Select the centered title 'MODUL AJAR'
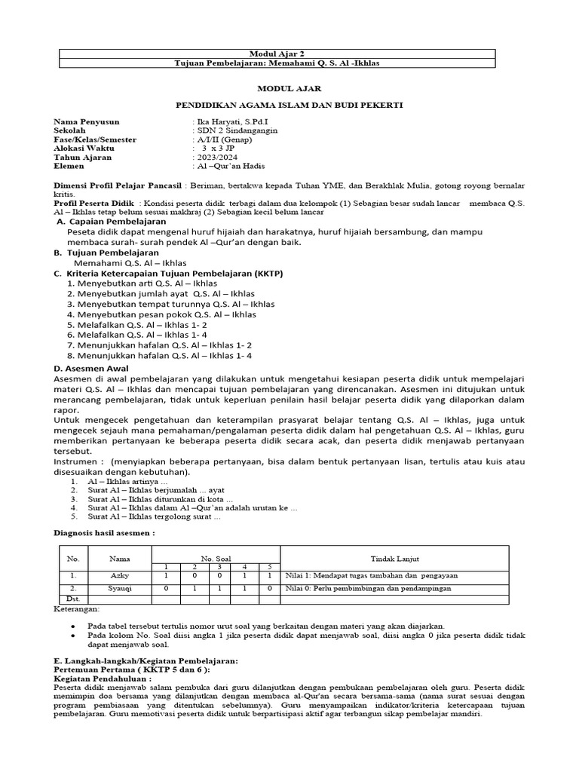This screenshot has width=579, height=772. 289,87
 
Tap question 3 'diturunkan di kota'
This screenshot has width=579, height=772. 160,499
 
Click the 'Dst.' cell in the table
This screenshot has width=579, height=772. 73,599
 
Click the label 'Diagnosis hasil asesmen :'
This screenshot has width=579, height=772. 106,532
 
